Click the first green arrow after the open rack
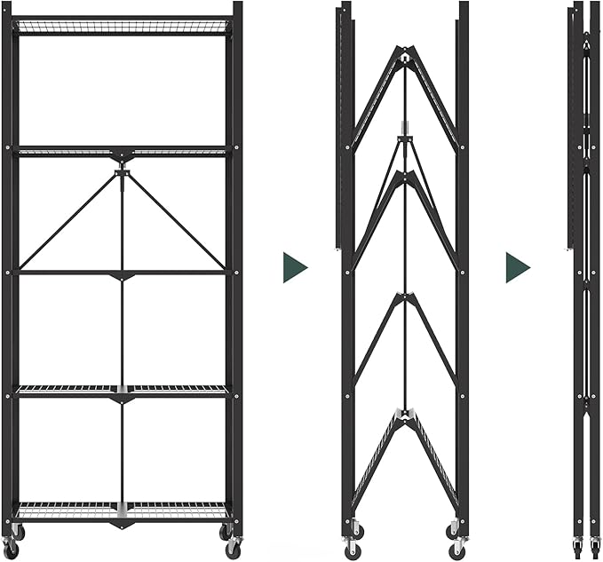pos(295,267)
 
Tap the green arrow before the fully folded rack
pos(518,267)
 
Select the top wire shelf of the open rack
pos(123,27)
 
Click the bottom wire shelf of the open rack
pos(123,511)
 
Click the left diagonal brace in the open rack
pos(69,221)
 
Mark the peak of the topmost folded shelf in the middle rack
pos(405,53)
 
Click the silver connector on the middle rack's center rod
pos(405,127)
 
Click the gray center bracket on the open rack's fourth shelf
pos(122,390)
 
